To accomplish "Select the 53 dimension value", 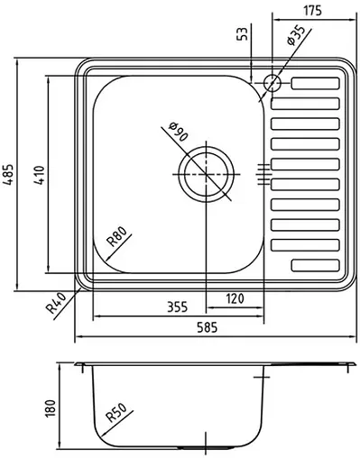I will point(241,35).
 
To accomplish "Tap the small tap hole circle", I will point(272,85).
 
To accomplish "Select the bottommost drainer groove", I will point(311,265).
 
